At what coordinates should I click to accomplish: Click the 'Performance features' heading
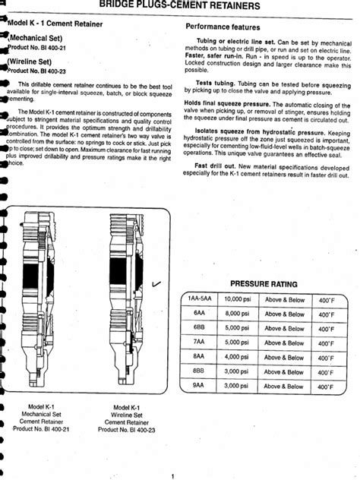click(x=224, y=27)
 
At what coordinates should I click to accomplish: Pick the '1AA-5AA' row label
click(x=197, y=300)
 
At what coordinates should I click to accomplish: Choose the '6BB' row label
click(x=198, y=329)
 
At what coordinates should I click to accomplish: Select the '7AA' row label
click(x=198, y=343)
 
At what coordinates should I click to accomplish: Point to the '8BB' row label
click(x=198, y=372)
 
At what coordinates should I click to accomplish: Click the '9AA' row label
click(x=198, y=387)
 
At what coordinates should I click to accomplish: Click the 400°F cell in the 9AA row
click(x=326, y=387)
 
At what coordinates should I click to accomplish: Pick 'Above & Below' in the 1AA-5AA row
click(x=284, y=300)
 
